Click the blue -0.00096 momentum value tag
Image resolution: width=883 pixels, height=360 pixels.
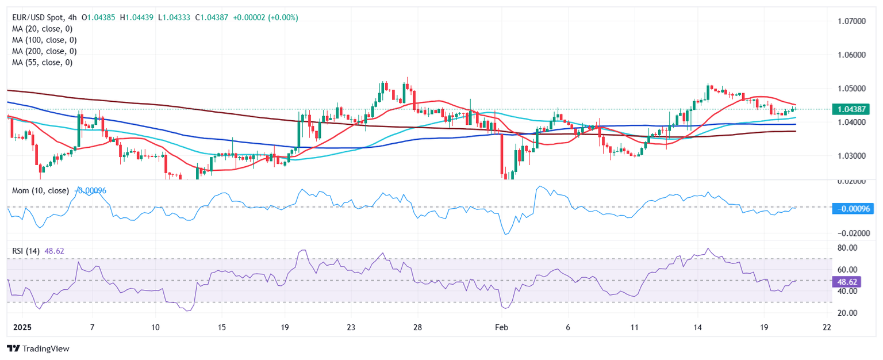click(853, 208)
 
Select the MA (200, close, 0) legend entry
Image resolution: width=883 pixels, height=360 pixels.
click(44, 51)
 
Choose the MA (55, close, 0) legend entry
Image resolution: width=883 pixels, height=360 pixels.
click(41, 62)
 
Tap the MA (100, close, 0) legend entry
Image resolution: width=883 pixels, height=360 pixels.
click(44, 40)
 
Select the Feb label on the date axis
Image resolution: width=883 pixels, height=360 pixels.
click(502, 327)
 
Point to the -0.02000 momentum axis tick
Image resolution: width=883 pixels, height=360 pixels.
click(849, 233)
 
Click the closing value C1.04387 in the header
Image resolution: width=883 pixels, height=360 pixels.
click(214, 18)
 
